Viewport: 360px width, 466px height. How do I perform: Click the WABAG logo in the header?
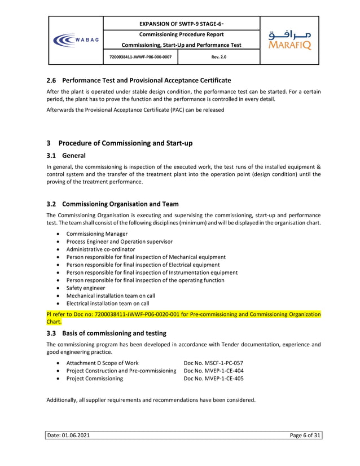click(x=75, y=40)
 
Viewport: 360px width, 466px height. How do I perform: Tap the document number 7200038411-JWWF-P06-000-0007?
click(x=141, y=58)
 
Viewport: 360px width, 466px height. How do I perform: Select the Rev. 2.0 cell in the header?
click(x=218, y=58)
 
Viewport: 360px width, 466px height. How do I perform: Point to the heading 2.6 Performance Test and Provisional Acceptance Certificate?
click(x=138, y=80)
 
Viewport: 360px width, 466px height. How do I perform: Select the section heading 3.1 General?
click(x=65, y=155)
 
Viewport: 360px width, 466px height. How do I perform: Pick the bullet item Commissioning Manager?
click(x=96, y=234)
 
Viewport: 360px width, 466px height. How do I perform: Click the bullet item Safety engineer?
click(x=85, y=288)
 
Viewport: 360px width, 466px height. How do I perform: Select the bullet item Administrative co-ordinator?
click(x=100, y=249)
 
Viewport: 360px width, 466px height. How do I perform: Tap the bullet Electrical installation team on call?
click(x=107, y=303)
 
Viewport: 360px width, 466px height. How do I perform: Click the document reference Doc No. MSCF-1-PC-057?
click(x=214, y=362)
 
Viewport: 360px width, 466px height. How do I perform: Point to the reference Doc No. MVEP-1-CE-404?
click(x=214, y=371)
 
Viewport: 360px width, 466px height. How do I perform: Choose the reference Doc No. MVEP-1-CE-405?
click(x=214, y=379)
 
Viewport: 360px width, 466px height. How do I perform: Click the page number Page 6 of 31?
click(x=305, y=436)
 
